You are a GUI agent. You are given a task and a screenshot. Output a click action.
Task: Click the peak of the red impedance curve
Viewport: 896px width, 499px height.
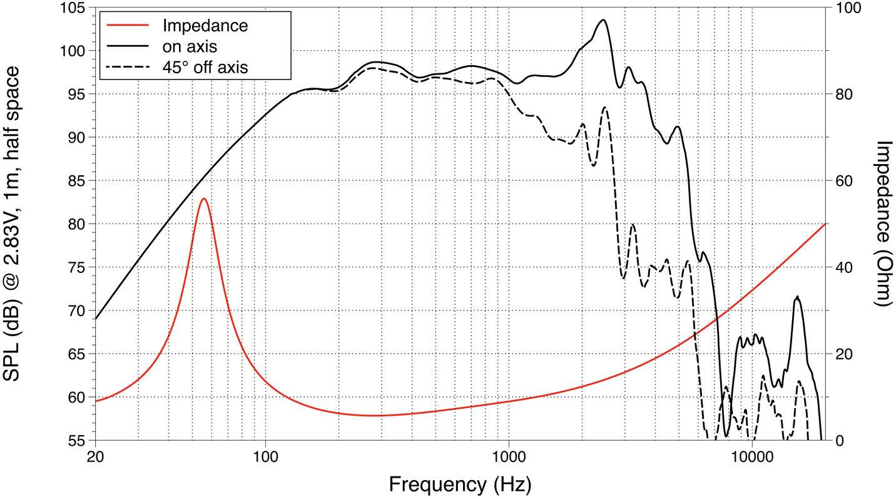pos(203,198)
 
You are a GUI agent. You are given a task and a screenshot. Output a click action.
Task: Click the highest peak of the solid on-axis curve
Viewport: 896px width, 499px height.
pos(603,20)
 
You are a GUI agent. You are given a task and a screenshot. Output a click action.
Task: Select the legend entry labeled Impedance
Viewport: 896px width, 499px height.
pos(205,26)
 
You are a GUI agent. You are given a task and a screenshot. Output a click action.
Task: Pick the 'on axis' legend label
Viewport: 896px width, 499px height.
pos(190,46)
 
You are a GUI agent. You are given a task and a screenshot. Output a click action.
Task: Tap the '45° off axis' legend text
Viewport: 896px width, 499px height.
pos(205,66)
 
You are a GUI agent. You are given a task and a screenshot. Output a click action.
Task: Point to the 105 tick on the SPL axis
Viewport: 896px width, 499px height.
pos(74,8)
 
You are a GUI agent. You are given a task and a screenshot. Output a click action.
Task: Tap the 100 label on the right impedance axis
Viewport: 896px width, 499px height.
pos(849,8)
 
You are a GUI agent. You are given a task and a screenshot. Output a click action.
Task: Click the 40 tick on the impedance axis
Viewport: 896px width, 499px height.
pos(845,267)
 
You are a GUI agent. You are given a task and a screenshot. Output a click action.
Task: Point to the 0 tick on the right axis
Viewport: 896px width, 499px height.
pos(840,440)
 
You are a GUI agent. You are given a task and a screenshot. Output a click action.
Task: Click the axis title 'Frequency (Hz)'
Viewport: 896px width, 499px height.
pos(460,483)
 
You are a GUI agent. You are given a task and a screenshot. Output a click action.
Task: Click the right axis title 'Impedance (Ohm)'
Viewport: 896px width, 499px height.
pos(882,224)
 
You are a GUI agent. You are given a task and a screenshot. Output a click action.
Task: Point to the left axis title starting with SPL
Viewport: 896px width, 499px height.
pos(14,224)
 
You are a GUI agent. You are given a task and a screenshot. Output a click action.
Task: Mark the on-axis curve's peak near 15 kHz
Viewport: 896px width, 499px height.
pos(797,297)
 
